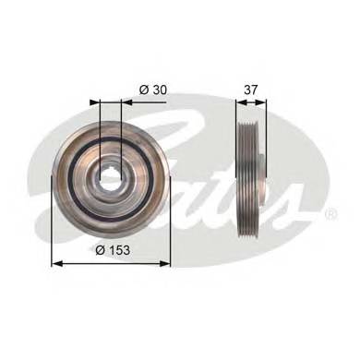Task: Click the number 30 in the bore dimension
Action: (159, 90)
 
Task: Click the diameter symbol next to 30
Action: (144, 90)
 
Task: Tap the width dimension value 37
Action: (250, 90)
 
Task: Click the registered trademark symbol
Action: (331, 214)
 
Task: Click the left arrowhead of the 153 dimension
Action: (57, 263)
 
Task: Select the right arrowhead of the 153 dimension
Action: (164, 263)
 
